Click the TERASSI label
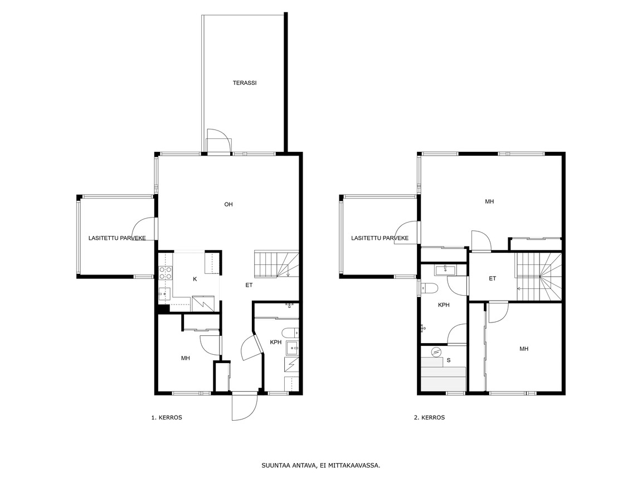pyautogui.click(x=245, y=83)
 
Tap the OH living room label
pyautogui.click(x=228, y=204)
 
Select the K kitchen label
pyautogui.click(x=195, y=279)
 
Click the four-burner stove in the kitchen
pyautogui.click(x=165, y=273)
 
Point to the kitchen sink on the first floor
pyautogui.click(x=165, y=293)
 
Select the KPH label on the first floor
pyautogui.click(x=275, y=342)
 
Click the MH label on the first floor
pyautogui.click(x=186, y=358)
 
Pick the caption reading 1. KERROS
pyautogui.click(x=167, y=418)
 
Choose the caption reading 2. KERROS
pyautogui.click(x=429, y=418)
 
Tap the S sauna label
pyautogui.click(x=449, y=360)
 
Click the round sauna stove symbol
pyautogui.click(x=436, y=351)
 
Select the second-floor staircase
pyautogui.click(x=538, y=277)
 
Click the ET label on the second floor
pyautogui.click(x=492, y=279)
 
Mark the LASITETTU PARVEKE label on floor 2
pyautogui.click(x=380, y=238)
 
